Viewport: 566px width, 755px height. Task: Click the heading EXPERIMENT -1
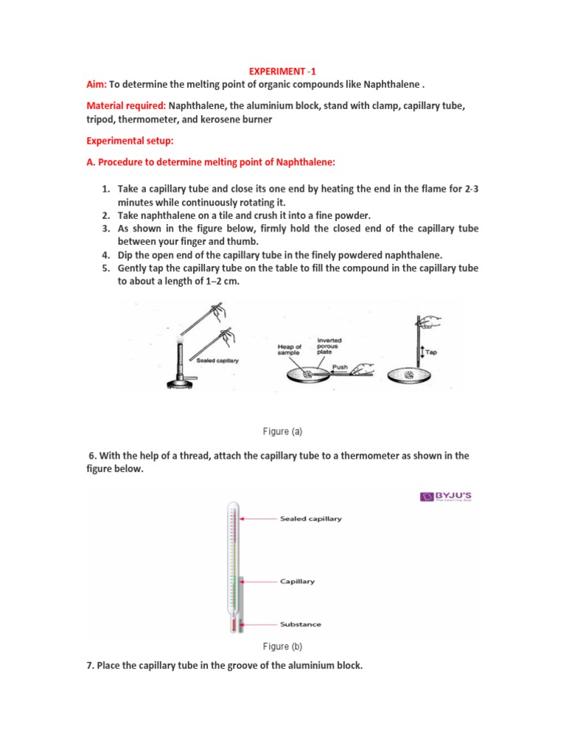283,72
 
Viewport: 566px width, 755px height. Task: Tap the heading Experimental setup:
130,140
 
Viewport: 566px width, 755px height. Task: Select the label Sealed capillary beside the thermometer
310,518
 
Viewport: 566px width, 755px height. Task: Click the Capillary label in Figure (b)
297,581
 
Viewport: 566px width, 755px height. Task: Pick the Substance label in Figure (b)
300,624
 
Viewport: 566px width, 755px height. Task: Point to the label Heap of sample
290,350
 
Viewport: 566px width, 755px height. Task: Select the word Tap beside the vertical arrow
431,352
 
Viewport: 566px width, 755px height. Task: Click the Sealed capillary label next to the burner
217,360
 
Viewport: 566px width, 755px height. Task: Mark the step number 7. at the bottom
91,666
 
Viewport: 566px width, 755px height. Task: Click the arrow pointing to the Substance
259,624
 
